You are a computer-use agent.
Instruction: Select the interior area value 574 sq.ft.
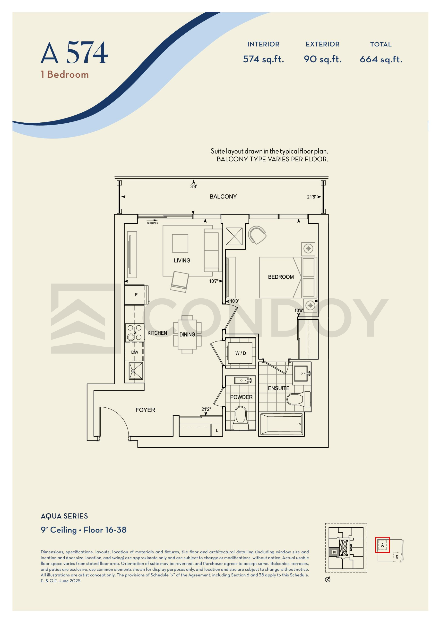263,59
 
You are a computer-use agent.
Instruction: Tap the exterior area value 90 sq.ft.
322,59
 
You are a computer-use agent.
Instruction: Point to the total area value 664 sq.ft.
381,59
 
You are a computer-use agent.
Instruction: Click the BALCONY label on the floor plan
223,196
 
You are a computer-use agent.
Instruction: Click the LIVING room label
182,260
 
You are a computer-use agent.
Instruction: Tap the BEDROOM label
281,277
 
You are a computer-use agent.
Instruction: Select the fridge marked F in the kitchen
136,295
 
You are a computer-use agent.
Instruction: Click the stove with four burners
135,332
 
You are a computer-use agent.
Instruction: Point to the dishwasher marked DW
134,352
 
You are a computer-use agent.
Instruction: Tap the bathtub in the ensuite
281,424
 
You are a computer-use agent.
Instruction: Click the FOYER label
145,410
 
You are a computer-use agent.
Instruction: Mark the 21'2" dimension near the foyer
206,409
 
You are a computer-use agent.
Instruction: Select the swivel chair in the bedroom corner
257,235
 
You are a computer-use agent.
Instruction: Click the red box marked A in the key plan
382,545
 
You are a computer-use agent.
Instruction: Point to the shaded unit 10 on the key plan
334,552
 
